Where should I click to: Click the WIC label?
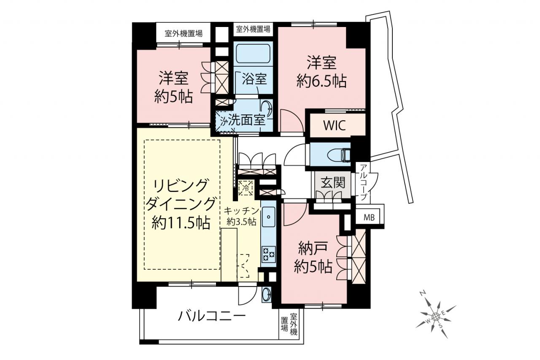tap(335, 125)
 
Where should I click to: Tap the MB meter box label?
tap(369, 218)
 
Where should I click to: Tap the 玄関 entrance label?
tap(333, 182)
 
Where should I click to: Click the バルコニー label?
tap(212, 316)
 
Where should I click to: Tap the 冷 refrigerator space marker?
tap(246, 188)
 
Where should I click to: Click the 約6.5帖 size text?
tap(322, 81)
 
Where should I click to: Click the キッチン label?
tap(241, 211)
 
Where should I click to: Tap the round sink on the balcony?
tap(266, 295)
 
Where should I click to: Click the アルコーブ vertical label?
tap(364, 182)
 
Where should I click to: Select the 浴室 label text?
tap(254, 79)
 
